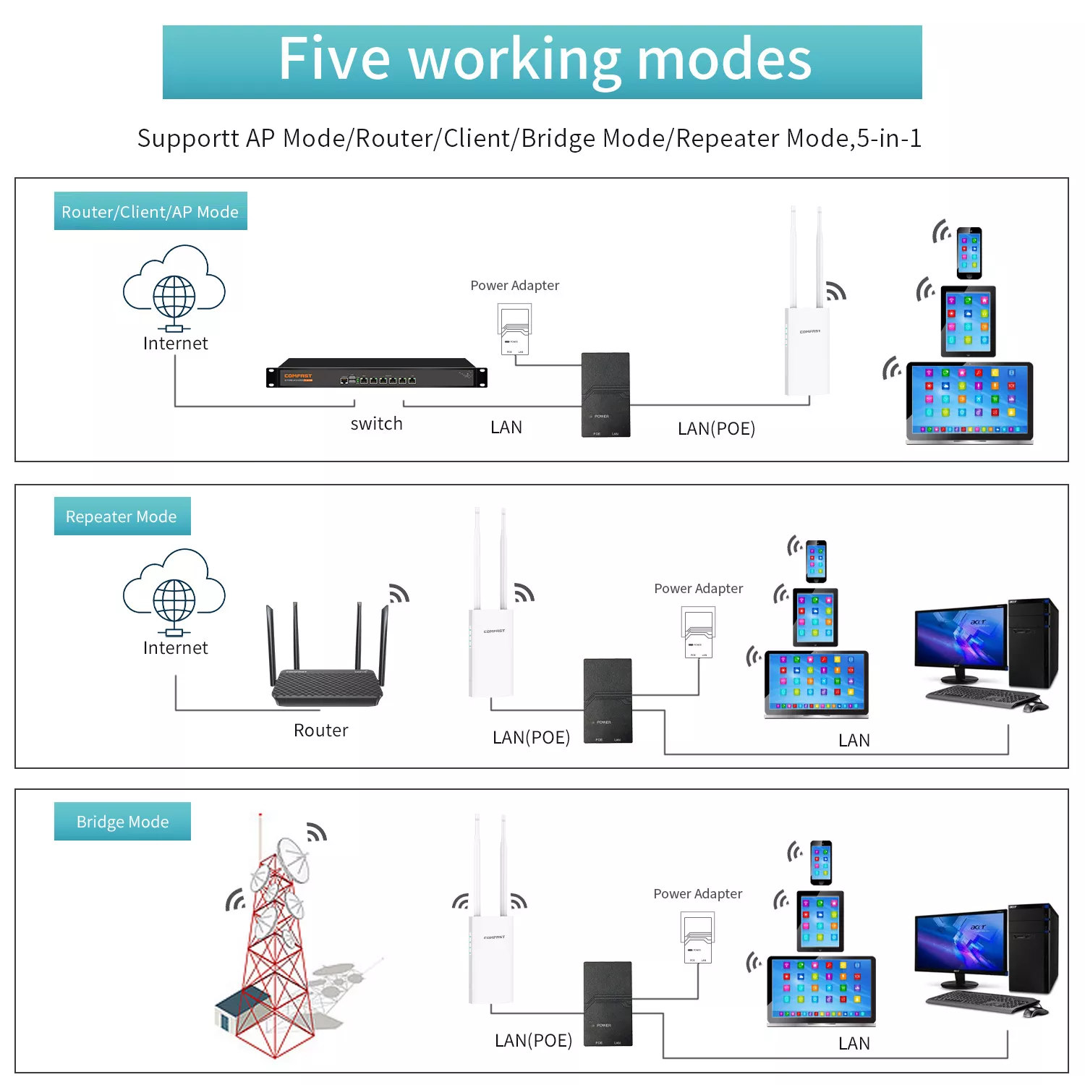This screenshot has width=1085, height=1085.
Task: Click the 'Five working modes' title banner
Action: (542, 61)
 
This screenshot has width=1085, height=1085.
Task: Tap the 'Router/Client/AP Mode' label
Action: (150, 211)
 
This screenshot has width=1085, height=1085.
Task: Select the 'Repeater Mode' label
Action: (122, 516)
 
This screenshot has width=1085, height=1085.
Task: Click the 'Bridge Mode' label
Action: (122, 822)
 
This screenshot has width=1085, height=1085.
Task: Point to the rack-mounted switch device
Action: (377, 373)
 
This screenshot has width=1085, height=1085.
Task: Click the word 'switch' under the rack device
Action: (376, 424)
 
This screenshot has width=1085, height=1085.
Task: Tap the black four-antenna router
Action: (327, 673)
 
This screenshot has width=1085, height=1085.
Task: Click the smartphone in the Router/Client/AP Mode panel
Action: (969, 253)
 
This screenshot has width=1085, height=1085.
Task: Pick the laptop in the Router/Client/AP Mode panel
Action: (969, 401)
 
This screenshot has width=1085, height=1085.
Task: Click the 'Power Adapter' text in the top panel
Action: (515, 286)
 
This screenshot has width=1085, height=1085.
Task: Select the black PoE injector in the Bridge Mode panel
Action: (608, 1003)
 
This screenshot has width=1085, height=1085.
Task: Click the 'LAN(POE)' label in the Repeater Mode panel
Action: (532, 738)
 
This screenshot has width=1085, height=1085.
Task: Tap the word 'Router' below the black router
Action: (321, 731)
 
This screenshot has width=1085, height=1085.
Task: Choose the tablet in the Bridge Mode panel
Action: (820, 921)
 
